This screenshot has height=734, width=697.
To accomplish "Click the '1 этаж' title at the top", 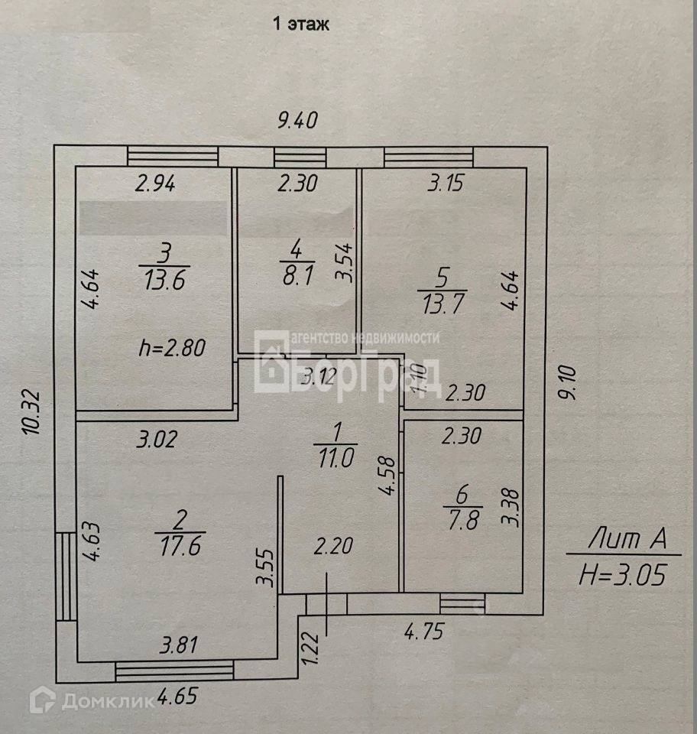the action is click(x=301, y=24).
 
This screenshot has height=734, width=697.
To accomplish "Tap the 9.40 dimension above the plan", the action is click(x=297, y=120).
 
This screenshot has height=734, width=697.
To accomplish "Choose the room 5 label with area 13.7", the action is click(x=441, y=294).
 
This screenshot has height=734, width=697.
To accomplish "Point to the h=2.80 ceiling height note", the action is click(x=172, y=349).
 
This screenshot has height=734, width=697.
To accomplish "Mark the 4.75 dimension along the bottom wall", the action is click(x=423, y=632).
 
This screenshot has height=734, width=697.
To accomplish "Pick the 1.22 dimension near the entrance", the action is click(x=310, y=647).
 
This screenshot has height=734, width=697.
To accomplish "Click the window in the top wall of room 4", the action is click(x=300, y=158).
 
